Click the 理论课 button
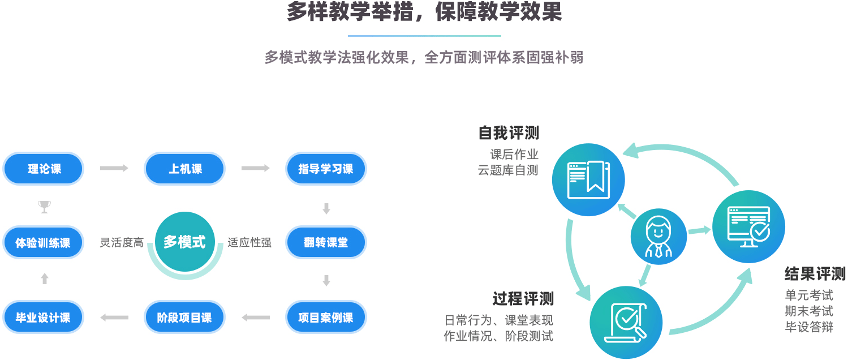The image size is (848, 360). click(44, 169)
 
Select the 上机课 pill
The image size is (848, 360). click(185, 169)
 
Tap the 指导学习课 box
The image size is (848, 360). click(326, 169)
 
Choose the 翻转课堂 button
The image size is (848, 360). click(326, 243)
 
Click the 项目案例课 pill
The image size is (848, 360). click(326, 318)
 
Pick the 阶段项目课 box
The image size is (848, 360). click(185, 318)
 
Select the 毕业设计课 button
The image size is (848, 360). click(44, 318)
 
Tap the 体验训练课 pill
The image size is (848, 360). click(44, 243)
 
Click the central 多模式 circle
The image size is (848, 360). click(185, 242)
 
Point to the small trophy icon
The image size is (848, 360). click(44, 207)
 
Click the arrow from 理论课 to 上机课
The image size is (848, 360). click(114, 168)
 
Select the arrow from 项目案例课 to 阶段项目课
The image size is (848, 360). click(256, 318)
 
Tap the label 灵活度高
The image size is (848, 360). click(122, 243)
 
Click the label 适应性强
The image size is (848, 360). click(249, 243)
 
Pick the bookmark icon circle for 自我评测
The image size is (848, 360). click(588, 180)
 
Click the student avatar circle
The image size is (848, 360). click(659, 236)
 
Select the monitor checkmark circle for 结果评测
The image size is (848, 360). click(748, 226)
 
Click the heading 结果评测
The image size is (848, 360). click(815, 275)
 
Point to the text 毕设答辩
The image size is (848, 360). click(809, 327)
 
